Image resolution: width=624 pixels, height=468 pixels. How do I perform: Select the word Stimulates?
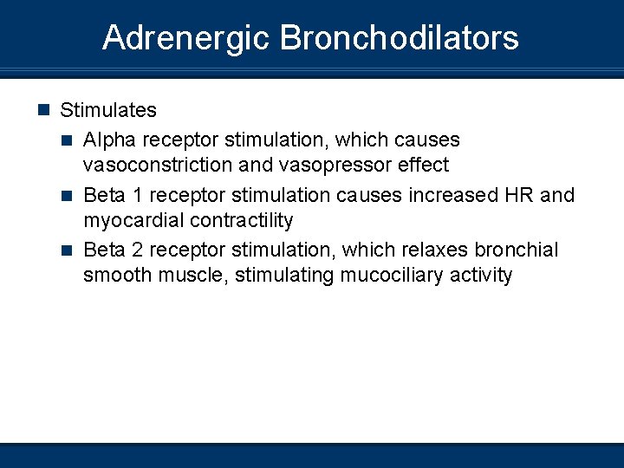coord(108,110)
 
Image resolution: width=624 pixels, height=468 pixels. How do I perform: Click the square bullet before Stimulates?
coord(44,110)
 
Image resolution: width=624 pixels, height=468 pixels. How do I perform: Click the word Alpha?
coord(107,140)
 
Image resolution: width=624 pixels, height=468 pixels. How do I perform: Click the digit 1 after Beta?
coord(134,195)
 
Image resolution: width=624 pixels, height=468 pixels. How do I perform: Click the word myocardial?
coord(131,220)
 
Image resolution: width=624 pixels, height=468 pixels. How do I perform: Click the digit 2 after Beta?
coord(134,250)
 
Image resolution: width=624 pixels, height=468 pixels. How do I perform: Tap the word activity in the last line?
coord(481,276)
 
